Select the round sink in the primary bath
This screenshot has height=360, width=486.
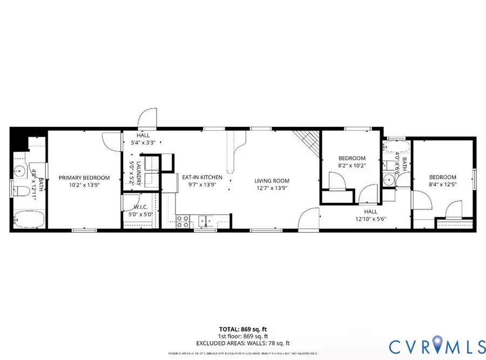pos(20,171)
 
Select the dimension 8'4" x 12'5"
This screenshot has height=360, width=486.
pos(442,185)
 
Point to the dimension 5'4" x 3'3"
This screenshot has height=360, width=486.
pos(143,143)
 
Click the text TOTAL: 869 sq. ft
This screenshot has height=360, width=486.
pos(242,329)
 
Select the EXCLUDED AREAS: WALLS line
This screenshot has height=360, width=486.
pos(242,343)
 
